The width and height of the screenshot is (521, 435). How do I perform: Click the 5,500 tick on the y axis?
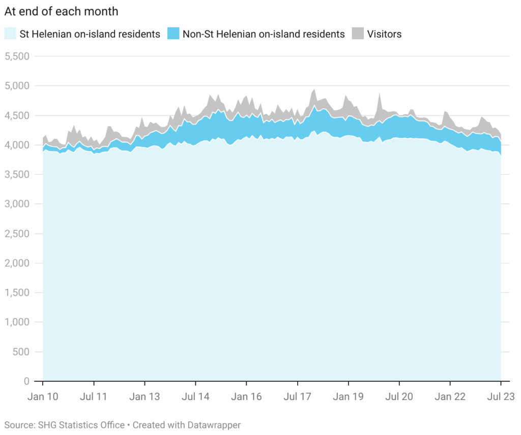[x=18, y=56]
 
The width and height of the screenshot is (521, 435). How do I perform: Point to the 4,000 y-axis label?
[x=18, y=145]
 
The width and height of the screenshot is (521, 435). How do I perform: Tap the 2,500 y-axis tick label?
[x=18, y=234]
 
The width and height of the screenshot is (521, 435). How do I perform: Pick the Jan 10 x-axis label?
[x=43, y=396]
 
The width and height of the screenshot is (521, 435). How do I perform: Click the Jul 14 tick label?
[x=195, y=396]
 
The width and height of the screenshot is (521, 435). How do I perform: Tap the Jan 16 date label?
[x=246, y=396]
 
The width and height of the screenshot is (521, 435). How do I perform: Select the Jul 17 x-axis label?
[x=297, y=396]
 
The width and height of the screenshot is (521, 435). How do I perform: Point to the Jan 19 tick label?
[x=348, y=396]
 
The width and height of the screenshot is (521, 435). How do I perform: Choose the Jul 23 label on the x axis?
[x=501, y=396]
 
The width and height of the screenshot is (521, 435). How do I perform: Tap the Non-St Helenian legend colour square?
[x=173, y=34]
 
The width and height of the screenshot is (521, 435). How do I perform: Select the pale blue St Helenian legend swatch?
[x=10, y=34]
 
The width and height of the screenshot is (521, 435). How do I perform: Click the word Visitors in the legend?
[x=384, y=34]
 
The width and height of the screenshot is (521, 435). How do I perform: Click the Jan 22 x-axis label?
[x=450, y=396]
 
